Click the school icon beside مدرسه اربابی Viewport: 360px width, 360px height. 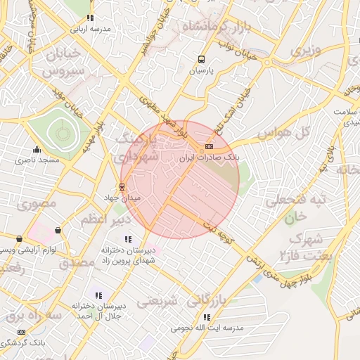[90, 18]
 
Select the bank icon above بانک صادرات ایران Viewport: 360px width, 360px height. [209, 147]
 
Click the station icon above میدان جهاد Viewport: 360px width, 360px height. [122, 187]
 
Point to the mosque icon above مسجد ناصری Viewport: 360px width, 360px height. [37, 150]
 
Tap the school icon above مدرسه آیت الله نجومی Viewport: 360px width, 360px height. [206, 317]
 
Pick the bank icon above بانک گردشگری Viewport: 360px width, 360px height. [21, 331]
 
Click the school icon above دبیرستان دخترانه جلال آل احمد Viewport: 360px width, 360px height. [99, 295]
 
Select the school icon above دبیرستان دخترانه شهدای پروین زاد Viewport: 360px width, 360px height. [127, 240]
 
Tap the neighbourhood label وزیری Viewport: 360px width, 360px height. [306, 51]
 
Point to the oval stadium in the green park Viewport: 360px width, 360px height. [62, 131]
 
